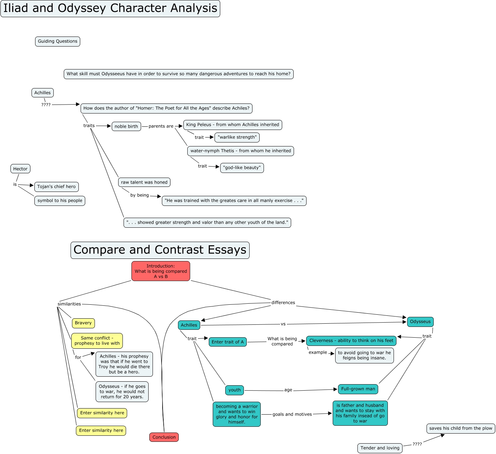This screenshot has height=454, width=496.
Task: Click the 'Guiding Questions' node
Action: [x=58, y=42]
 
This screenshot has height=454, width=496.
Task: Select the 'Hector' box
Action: [x=20, y=169]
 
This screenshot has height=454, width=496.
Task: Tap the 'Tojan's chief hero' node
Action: [x=57, y=187]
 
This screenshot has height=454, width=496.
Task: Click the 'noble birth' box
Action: [x=126, y=126]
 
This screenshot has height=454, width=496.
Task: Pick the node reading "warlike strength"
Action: [x=237, y=137]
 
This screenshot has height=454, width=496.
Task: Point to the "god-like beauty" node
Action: [x=242, y=168]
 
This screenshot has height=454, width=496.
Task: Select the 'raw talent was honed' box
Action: [x=144, y=182]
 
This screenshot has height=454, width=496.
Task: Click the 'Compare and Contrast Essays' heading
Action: [x=160, y=250]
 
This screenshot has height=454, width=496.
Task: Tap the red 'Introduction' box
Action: [x=161, y=271]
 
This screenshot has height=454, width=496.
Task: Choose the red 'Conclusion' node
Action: [x=164, y=437]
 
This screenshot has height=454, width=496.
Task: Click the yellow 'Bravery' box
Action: [x=83, y=323]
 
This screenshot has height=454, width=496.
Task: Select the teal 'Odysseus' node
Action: [x=420, y=322]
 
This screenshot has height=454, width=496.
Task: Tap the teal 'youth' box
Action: [x=235, y=390]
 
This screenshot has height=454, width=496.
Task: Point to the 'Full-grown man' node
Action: [x=358, y=389]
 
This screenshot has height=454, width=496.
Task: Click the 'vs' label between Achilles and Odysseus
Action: [x=283, y=324]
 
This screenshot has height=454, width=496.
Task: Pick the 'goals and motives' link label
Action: [x=292, y=414]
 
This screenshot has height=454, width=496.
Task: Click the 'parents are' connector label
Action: [x=161, y=126]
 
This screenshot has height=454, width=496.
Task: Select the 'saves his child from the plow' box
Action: [x=461, y=429]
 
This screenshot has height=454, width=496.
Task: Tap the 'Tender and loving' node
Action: [x=380, y=448]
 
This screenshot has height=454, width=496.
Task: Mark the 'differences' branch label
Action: [x=283, y=303]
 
